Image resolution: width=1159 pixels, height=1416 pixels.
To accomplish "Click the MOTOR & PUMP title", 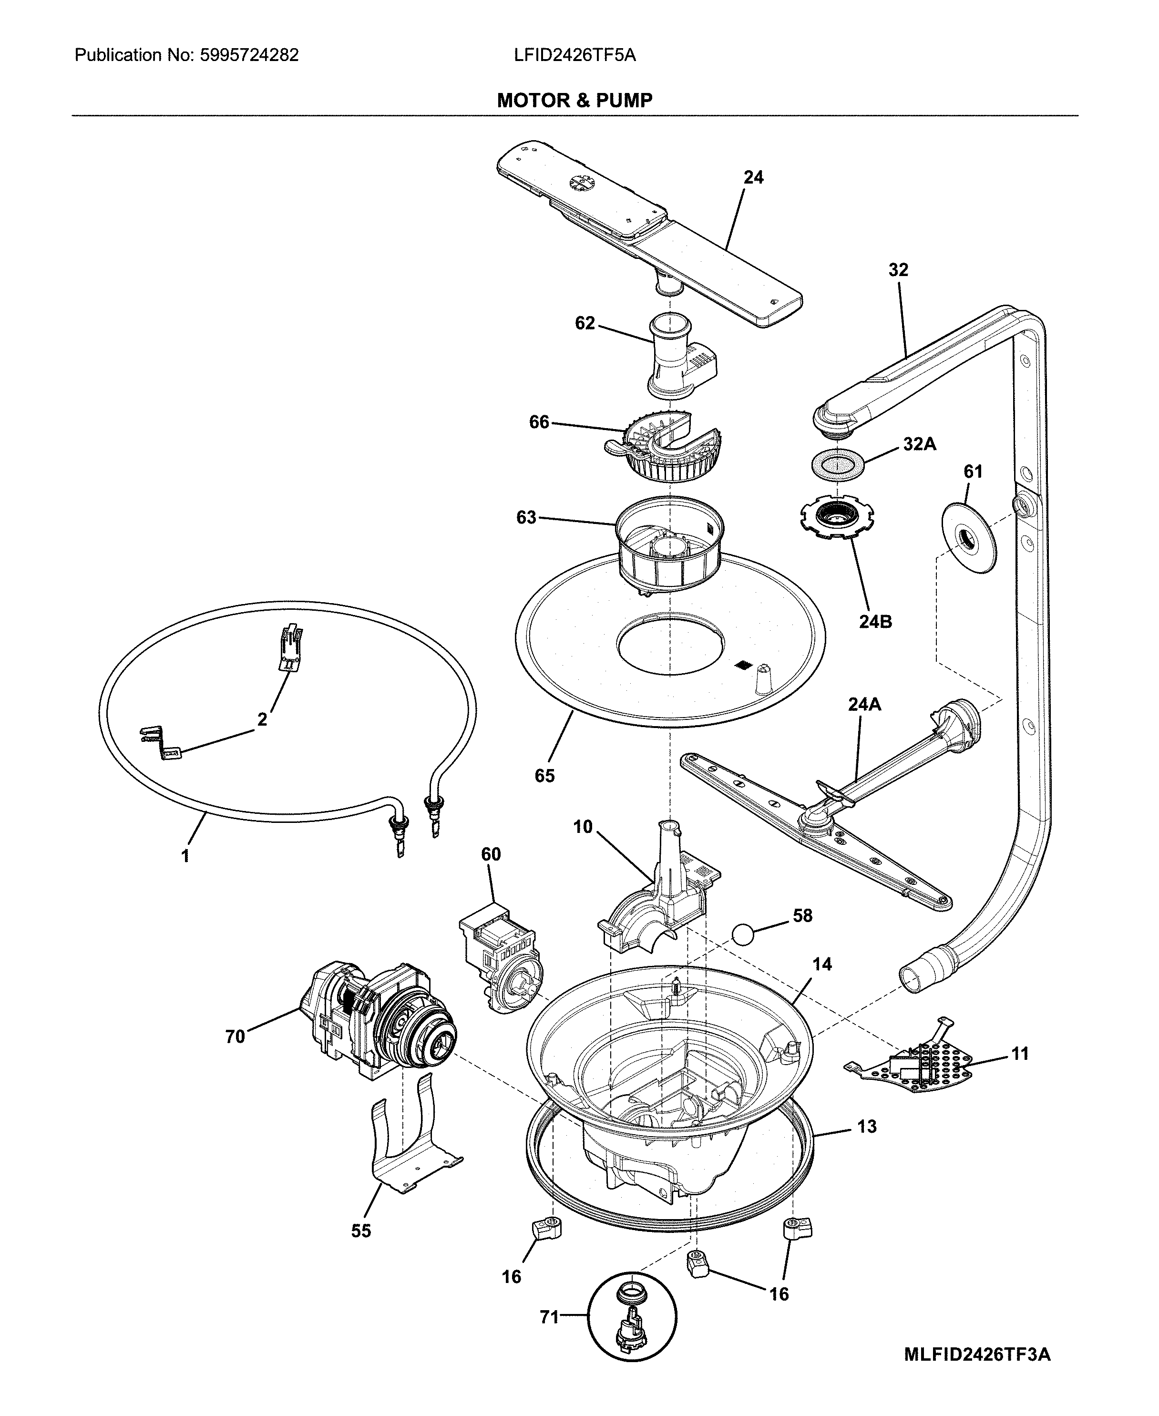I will (x=574, y=101).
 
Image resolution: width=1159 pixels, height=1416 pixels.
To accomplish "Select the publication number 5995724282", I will (x=249, y=55).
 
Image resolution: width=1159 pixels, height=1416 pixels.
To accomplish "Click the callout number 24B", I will (x=875, y=622).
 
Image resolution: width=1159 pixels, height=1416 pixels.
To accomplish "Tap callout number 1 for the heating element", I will (x=185, y=856).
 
